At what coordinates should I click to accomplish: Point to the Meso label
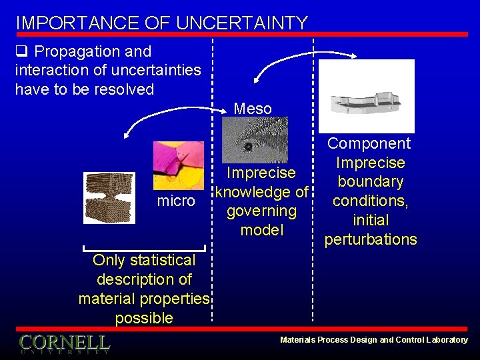point(253,108)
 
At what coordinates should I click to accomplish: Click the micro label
point(175,201)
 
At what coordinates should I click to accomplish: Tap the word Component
point(369,143)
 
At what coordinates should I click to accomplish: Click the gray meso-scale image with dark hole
point(254,141)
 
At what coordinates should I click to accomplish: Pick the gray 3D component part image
point(366,97)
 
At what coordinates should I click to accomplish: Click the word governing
point(261,211)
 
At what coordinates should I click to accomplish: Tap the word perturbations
point(370,239)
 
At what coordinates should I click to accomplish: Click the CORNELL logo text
point(64,343)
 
